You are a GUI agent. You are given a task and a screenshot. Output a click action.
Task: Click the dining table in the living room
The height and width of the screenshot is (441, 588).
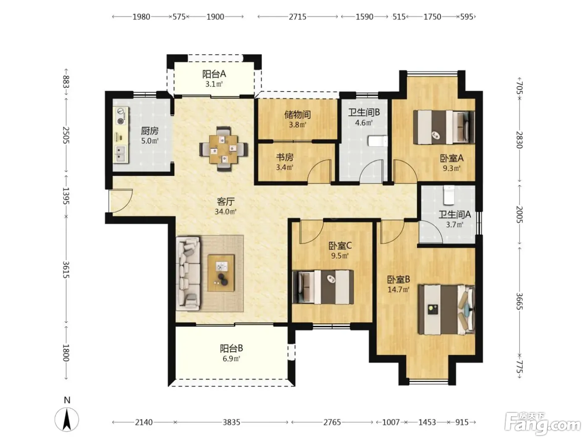pos(223,149)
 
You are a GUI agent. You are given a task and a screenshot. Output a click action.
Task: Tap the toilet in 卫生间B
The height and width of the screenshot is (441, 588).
pos(378,141)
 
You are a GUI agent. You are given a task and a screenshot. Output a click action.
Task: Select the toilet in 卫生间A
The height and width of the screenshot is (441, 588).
pos(449,195)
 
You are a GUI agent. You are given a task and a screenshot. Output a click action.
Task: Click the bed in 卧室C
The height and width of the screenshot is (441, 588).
pos(323,287)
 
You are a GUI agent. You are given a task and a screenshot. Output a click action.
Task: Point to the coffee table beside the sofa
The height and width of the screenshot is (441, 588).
pos(221,273)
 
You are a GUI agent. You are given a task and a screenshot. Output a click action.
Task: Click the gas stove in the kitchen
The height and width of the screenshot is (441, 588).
pos(122,116)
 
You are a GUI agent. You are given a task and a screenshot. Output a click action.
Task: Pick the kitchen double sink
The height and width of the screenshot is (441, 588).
pos(122,154)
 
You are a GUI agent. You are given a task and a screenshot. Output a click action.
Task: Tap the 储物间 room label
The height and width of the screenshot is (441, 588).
pos(297,115)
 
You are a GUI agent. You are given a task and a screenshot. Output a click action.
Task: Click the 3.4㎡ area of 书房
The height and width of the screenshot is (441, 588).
pos(285,167)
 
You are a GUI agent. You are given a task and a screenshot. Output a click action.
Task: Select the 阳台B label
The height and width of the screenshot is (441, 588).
pos(231,348)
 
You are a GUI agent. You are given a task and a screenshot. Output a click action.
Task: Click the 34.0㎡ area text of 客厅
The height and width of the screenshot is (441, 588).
pos(226,212)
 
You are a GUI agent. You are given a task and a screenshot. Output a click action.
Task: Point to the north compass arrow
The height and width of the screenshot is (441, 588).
pos(67,419)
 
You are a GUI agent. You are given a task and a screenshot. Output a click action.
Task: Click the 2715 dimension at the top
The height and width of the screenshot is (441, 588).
pos(297,17)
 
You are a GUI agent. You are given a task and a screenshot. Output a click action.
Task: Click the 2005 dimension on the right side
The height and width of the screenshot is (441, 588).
pos(519,214)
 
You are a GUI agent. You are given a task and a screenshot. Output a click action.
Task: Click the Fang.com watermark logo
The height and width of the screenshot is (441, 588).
pos(543,426)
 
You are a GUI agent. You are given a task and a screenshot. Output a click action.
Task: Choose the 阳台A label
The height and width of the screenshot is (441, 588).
pos(214,74)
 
